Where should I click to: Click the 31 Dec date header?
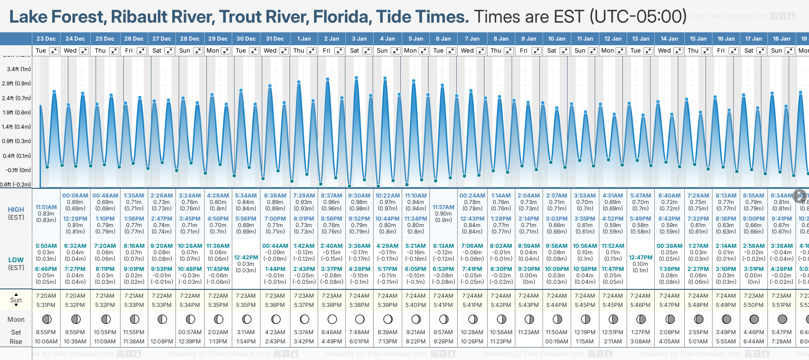coord(275,39)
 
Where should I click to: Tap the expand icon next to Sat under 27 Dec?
coord(169,51)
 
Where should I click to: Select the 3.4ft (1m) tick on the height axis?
coord(19,69)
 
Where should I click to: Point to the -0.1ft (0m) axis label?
coord(18,170)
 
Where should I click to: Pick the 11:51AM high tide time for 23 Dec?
coord(46,207)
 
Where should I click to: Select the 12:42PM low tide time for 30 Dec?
coord(246,258)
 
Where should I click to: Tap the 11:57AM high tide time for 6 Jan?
coord(443,207)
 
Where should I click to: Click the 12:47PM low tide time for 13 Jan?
coord(640,258)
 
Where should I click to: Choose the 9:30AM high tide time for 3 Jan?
coord(359,196)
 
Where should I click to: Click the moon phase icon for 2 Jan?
coord(332,319)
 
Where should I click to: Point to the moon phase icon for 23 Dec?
coord(46,319)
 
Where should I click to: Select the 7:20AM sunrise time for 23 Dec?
coord(46,296)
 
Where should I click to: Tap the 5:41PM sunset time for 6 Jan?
coord(443,305)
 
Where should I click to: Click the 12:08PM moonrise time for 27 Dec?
coord(162,342)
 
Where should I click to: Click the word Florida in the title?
coord(342,17)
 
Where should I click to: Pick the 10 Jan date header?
coord(556,39)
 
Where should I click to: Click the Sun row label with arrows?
coord(16,300)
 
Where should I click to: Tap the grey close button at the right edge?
coord(800,196)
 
